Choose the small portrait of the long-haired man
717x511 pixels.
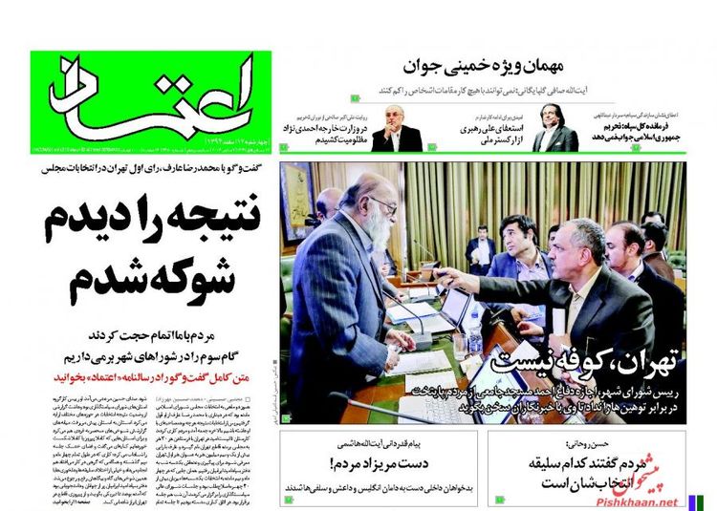click(x=554, y=128)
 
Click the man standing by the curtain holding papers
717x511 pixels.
click(x=481, y=250)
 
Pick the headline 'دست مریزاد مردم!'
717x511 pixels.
click(x=375, y=462)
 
